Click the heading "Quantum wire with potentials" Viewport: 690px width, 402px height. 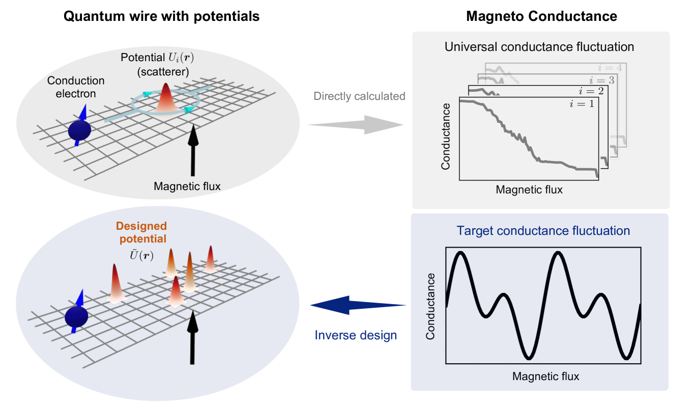161,16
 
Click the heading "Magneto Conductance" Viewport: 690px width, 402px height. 541,16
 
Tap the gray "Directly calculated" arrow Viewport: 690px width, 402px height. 356,124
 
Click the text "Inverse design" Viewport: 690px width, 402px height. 356,335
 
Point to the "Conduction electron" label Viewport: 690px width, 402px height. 76,87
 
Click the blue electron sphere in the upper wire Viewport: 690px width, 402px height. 80,131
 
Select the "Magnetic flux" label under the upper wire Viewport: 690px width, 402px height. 187,186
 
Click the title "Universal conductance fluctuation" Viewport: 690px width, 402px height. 539,47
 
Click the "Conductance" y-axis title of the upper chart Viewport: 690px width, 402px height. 446,136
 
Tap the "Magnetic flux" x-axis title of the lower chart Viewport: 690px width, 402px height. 545,377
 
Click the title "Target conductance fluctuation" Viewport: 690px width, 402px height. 543,231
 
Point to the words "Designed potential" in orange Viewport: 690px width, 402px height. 141,232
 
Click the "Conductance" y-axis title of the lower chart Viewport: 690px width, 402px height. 431,306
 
